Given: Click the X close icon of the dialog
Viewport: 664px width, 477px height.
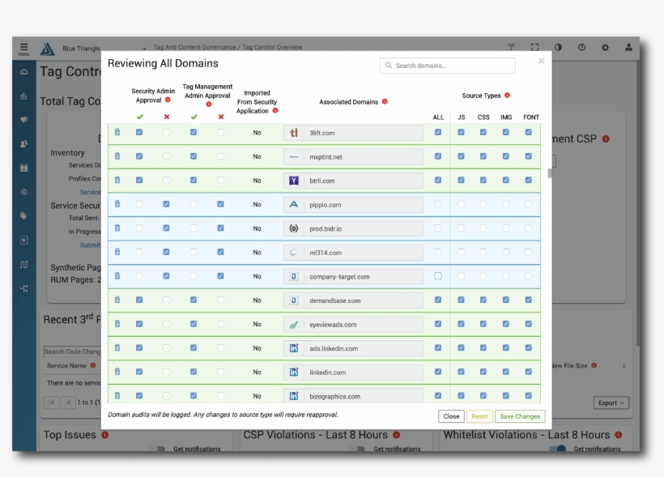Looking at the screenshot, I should pos(541,61).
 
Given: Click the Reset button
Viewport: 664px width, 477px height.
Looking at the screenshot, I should pos(479,416).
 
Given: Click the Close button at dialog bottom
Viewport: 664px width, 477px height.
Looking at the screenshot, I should pos(451,416).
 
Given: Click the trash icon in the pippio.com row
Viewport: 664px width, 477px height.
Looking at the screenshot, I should pos(117,204).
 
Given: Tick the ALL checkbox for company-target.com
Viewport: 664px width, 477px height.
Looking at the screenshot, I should pos(438,276).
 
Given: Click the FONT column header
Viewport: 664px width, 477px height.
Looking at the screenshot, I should pos(530,117).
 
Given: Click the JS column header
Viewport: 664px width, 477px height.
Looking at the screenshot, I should pos(461,117).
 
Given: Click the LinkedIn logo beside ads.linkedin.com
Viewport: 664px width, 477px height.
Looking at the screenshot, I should pos(294,348).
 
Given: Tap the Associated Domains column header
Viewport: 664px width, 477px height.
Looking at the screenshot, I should pos(348,102).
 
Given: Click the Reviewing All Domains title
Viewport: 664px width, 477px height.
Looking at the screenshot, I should pos(163,64).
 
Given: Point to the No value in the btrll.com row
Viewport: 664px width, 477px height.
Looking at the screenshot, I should pos(257,181).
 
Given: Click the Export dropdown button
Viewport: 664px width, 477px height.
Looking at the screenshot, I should pos(611,402).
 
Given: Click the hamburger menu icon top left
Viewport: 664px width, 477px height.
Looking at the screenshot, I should pos(23,48).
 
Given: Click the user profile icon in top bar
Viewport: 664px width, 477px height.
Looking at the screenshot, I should pos(628,48).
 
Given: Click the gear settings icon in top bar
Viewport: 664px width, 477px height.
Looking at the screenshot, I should pos(605,48).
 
